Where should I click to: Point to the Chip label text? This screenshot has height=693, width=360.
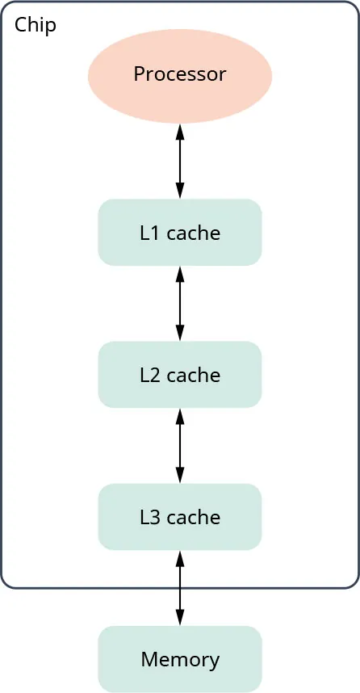pyautogui.click(x=36, y=25)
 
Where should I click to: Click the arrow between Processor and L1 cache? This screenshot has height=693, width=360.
pyautogui.click(x=179, y=162)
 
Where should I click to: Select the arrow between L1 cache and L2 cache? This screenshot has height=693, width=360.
pyautogui.click(x=179, y=304)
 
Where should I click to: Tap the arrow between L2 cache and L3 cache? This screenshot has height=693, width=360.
pyautogui.click(x=179, y=446)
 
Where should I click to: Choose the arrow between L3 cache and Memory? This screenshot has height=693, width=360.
pyautogui.click(x=179, y=588)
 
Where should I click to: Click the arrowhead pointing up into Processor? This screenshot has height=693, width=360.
pyautogui.click(x=179, y=130)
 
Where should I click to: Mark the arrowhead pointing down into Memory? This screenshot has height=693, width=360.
pyautogui.click(x=179, y=619)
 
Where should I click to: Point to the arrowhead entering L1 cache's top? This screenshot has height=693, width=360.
pyautogui.click(x=179, y=192)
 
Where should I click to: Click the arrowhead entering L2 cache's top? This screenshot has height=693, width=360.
pyautogui.click(x=179, y=334)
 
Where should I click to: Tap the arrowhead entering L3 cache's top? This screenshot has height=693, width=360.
pyautogui.click(x=179, y=477)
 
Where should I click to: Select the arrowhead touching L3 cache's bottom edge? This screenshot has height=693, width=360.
pyautogui.click(x=179, y=556)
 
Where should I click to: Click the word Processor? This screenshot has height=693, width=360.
pyautogui.click(x=179, y=75)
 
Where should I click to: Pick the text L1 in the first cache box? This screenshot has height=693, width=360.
pyautogui.click(x=149, y=233)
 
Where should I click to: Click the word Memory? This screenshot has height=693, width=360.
pyautogui.click(x=179, y=659)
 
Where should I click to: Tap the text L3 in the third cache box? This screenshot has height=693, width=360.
pyautogui.click(x=149, y=518)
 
